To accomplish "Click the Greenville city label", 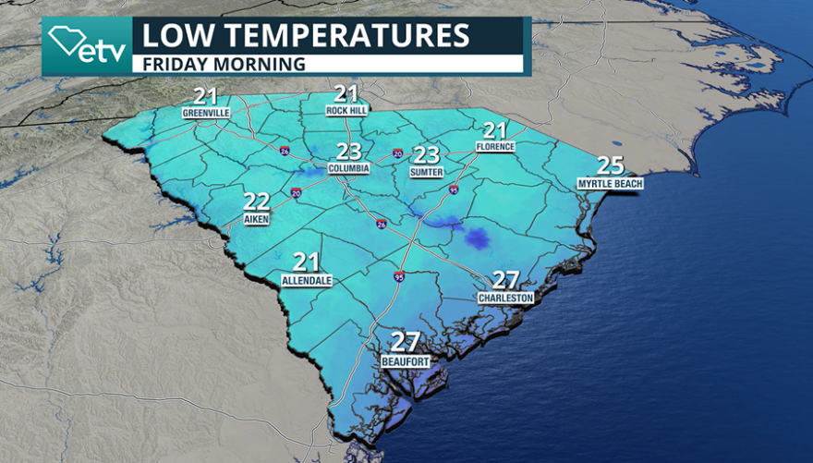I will click(205, 113).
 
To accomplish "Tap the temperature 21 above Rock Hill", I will click(346, 94).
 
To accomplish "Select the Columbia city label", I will click(349, 169).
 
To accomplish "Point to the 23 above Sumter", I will click(426, 154).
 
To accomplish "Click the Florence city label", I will click(494, 146).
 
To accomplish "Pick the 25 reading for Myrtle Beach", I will click(610, 166).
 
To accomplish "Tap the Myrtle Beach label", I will click(610, 184).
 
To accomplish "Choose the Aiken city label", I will click(256, 220).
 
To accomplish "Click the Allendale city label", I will click(307, 280).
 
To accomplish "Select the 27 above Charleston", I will click(505, 280).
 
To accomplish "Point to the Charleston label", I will click(505, 299).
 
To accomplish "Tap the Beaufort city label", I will click(406, 362).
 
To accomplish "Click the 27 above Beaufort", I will click(406, 343).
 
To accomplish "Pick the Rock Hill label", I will click(346, 111).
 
